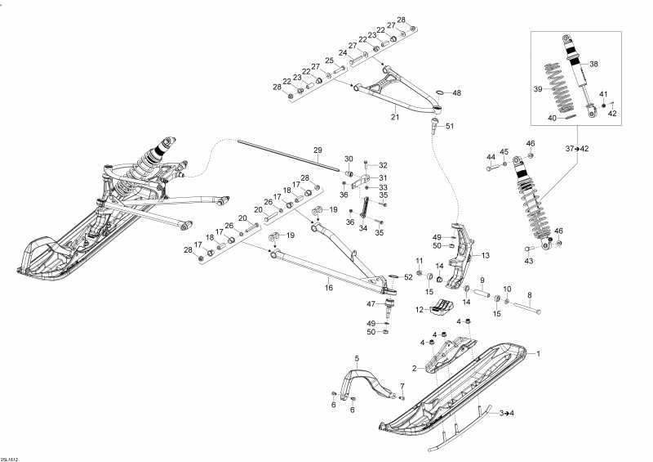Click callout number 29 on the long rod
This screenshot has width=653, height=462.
[318, 150]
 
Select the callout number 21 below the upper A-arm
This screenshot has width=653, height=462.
[395, 117]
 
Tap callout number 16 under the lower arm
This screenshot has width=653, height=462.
[329, 288]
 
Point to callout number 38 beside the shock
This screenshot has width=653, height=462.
[594, 64]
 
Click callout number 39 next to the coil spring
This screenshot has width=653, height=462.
[539, 88]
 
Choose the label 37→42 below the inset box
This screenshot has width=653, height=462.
[577, 149]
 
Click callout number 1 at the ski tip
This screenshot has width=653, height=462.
[538, 354]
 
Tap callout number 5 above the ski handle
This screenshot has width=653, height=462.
[357, 357]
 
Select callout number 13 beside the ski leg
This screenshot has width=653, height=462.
[486, 255]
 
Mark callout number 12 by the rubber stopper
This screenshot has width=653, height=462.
[420, 310]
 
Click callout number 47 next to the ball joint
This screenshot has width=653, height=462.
[371, 304]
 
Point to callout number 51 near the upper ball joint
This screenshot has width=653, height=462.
[450, 126]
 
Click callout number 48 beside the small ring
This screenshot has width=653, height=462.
[457, 93]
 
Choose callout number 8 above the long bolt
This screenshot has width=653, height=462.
[530, 295]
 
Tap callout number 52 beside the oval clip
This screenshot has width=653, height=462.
[408, 276]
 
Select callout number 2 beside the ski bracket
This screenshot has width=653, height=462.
[415, 369]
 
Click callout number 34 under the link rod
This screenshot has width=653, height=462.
[363, 228]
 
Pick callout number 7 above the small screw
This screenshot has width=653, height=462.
[402, 385]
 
